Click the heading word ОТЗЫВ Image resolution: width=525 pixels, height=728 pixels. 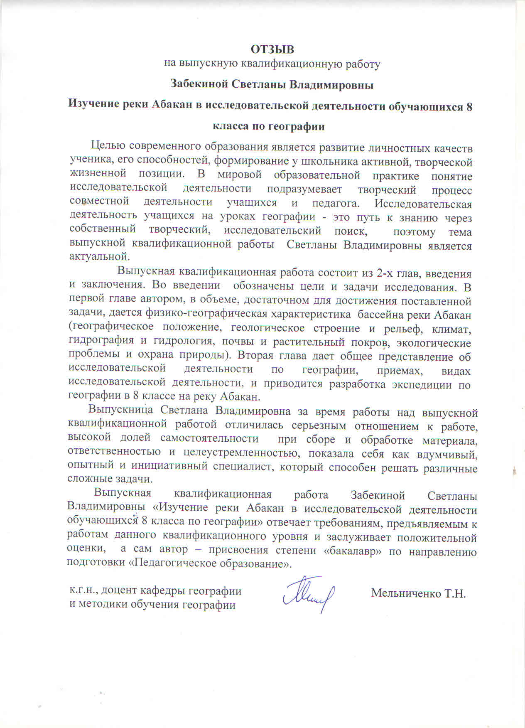pyautogui.click(x=272, y=49)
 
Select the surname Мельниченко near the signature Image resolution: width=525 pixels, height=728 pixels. pyautogui.click(x=406, y=593)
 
